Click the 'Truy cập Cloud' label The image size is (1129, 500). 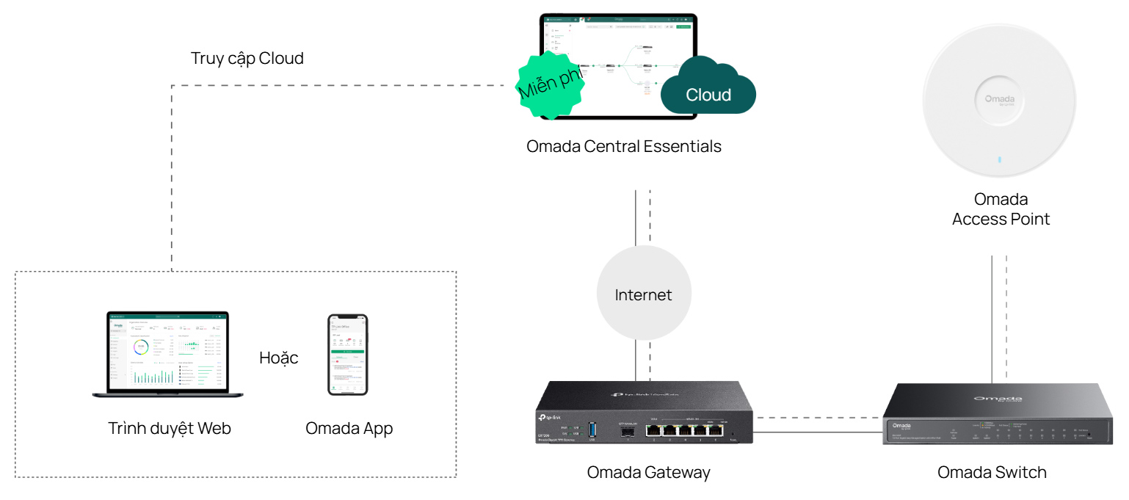(x=247, y=59)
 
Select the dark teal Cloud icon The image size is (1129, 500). (x=708, y=90)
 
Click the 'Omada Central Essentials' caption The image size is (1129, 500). (x=624, y=146)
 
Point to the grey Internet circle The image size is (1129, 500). (x=643, y=294)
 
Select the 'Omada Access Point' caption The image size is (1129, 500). (x=1001, y=209)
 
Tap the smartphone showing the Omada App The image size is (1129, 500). (x=347, y=355)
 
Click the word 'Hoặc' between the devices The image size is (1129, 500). (x=279, y=358)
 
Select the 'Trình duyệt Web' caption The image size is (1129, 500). (x=170, y=428)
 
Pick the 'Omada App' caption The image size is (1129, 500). (x=349, y=428)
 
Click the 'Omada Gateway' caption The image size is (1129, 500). (x=648, y=472)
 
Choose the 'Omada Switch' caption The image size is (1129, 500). (x=992, y=472)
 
